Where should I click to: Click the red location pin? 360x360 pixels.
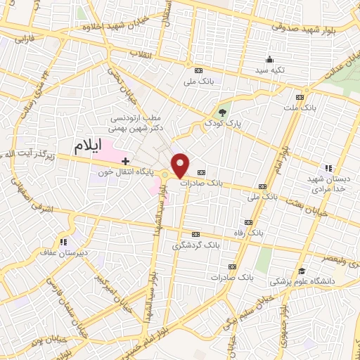click(180, 165)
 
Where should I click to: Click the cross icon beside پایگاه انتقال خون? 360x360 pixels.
click(126, 162)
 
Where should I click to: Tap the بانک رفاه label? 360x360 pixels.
click(250, 231)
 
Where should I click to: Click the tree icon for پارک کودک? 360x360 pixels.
click(222, 112)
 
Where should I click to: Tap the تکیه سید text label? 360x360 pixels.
click(269, 70)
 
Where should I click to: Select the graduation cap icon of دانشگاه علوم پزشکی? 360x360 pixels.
click(302, 271)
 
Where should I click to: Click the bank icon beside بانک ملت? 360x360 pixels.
click(300, 96)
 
